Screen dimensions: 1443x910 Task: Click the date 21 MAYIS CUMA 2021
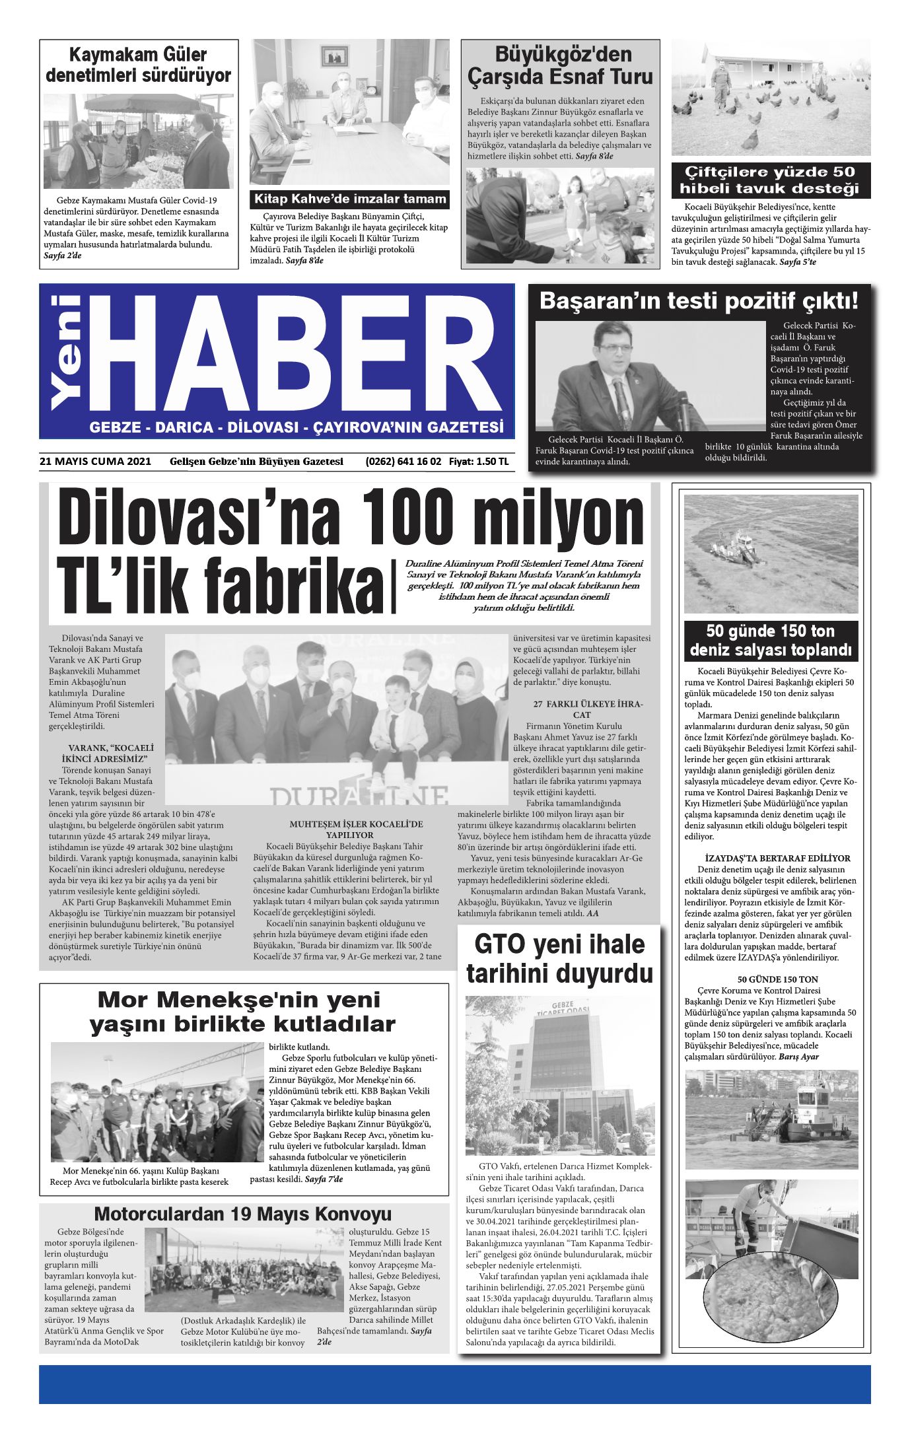click(x=95, y=462)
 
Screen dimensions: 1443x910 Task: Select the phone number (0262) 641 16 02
click(x=403, y=462)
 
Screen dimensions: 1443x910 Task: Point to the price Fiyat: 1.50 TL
click(x=479, y=462)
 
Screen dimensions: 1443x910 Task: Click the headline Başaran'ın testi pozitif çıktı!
click(x=699, y=301)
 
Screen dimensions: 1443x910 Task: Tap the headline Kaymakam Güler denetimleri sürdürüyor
click(x=139, y=65)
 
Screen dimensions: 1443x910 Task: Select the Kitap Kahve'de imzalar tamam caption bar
click(x=350, y=199)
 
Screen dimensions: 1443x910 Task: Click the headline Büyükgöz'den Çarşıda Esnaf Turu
click(x=560, y=65)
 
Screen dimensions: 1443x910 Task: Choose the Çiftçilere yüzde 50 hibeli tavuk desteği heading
click(x=770, y=180)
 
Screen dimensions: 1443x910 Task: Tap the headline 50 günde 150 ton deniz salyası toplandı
click(x=771, y=640)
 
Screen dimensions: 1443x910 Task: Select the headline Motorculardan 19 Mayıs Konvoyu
click(x=243, y=1213)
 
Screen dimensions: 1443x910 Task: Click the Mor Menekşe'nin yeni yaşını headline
click(x=243, y=1011)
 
